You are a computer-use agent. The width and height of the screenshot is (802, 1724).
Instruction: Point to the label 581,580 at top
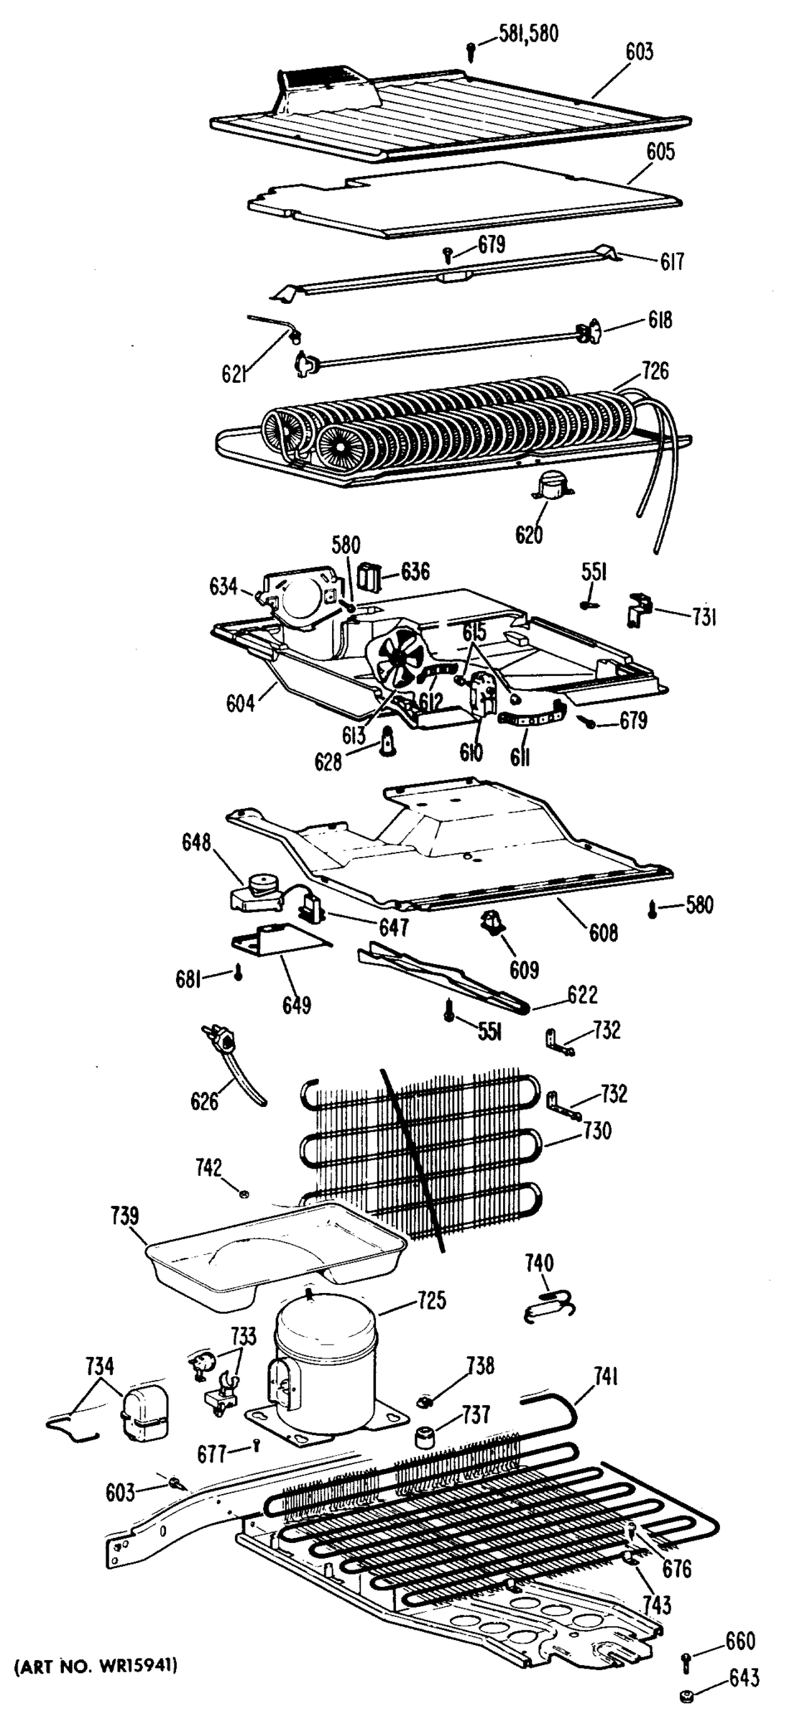click(x=529, y=33)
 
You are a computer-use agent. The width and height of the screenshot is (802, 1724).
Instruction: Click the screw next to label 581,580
click(x=471, y=50)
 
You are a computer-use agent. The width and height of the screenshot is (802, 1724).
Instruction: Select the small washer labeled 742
click(x=244, y=1194)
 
